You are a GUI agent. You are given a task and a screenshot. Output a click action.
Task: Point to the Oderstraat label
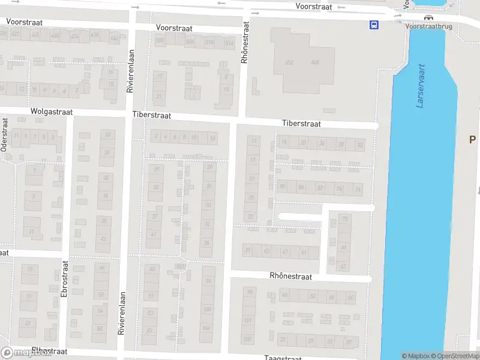pyautogui.click(x=5, y=134)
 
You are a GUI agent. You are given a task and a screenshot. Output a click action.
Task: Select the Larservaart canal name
pyautogui.click(x=421, y=86)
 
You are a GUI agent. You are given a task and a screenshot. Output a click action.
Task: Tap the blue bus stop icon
pyautogui.click(x=374, y=25)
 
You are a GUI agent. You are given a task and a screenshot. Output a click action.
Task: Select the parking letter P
pyautogui.click(x=472, y=139)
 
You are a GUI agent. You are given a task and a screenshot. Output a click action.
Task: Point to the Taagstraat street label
pyautogui.click(x=283, y=358)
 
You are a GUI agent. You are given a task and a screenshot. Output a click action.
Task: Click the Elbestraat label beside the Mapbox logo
pyautogui.click(x=49, y=351)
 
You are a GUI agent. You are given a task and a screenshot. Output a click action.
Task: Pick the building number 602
pyautogui.click(x=289, y=62)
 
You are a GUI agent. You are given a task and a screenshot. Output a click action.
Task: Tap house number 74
pyautogui.click(x=358, y=190)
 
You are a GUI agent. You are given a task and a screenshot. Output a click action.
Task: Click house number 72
pyautogui.click(x=345, y=219)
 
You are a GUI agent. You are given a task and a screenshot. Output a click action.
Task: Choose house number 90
pyautogui.click(x=283, y=187)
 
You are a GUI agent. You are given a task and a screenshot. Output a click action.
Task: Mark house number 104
pyautogui.click(x=207, y=328)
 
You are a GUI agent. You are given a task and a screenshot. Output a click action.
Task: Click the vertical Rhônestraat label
pyautogui.click(x=244, y=43)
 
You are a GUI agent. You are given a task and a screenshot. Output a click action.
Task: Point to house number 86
pyautogui.click(x=301, y=188)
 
